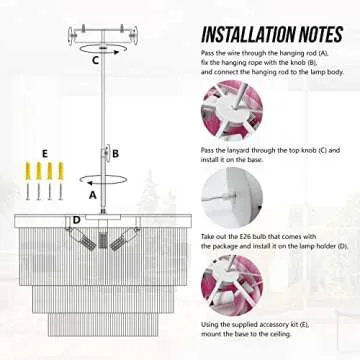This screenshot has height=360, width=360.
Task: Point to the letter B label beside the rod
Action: [x=116, y=153]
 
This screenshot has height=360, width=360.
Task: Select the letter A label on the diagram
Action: [x=93, y=196]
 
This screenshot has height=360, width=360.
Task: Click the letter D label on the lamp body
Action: [x=76, y=218]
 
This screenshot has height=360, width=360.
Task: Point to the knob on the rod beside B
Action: [x=102, y=154]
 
